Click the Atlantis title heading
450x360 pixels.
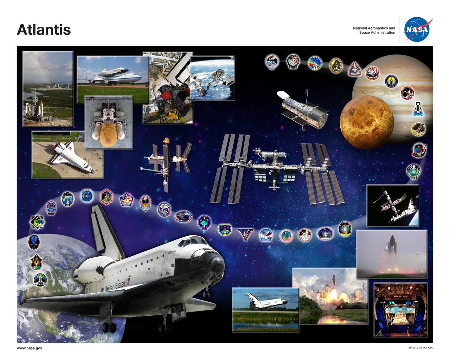[44, 30]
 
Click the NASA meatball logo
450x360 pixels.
[417, 30]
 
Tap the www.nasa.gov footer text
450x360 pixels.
[30, 348]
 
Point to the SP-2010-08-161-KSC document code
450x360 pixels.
[420, 348]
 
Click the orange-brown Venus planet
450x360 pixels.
[366, 123]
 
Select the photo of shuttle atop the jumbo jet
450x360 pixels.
[112, 76]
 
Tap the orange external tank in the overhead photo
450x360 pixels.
[108, 135]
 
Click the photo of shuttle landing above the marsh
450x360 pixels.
[265, 309]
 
